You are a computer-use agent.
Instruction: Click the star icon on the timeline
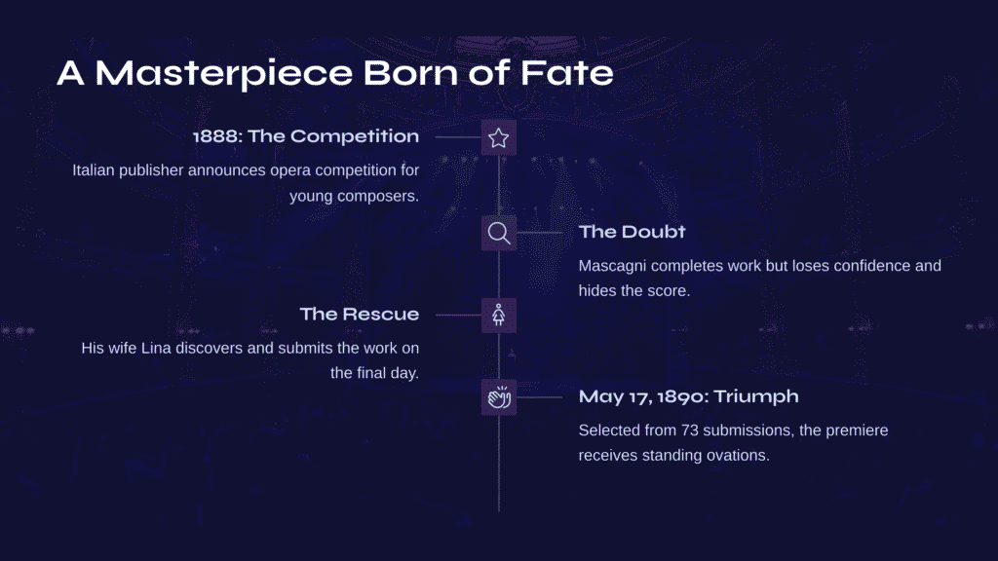point(498,137)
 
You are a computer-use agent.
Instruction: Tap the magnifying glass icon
point(498,233)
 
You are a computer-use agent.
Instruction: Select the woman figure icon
point(498,315)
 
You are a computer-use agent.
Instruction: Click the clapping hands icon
point(499,397)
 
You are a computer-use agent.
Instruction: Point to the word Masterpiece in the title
point(223,74)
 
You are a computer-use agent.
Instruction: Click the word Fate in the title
point(566,72)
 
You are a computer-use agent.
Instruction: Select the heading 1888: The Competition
point(306,136)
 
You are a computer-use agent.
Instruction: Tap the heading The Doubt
point(632,232)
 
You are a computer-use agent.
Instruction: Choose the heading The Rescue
point(360,315)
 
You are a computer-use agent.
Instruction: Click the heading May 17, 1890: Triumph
point(689,396)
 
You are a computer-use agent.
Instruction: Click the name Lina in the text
point(156,348)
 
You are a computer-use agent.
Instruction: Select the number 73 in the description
point(690,430)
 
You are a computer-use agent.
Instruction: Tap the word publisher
point(151,170)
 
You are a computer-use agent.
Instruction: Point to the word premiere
point(857,430)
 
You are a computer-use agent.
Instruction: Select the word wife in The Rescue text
point(122,348)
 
